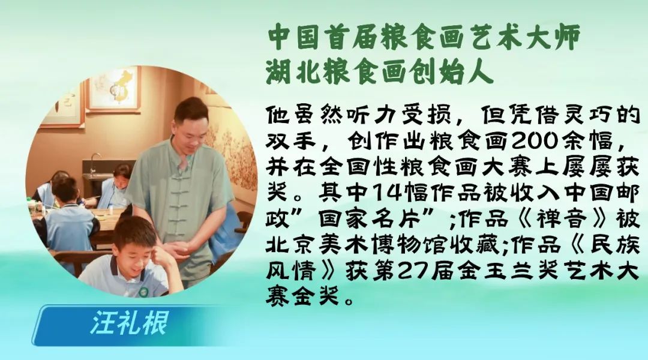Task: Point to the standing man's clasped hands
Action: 177,248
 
